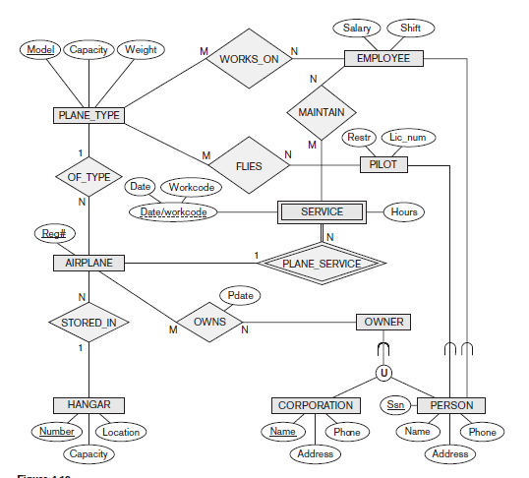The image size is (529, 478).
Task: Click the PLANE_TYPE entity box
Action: click(88, 116)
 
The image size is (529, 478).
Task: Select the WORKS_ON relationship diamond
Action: click(249, 59)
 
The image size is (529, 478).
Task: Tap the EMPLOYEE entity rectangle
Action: click(383, 59)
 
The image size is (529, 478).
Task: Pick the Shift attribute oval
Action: click(410, 29)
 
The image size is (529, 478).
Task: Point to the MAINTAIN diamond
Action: click(322, 112)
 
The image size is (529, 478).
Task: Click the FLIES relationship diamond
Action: click(249, 166)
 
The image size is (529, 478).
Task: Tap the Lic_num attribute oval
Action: click(407, 139)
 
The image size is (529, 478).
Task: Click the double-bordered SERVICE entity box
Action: click(322, 211)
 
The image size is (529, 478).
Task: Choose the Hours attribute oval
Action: click(403, 211)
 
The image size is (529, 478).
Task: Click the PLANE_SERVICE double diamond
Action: click(322, 263)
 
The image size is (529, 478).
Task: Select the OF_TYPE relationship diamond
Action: click(88, 177)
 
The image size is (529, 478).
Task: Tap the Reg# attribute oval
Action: click(53, 234)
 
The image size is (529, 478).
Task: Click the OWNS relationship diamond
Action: click(209, 322)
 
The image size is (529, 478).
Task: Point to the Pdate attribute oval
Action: click(239, 295)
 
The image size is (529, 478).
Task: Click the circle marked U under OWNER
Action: click(383, 373)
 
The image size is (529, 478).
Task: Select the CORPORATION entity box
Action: click(316, 405)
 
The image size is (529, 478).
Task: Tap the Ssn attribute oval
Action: click(394, 405)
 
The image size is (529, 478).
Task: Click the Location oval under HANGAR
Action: click(121, 432)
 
